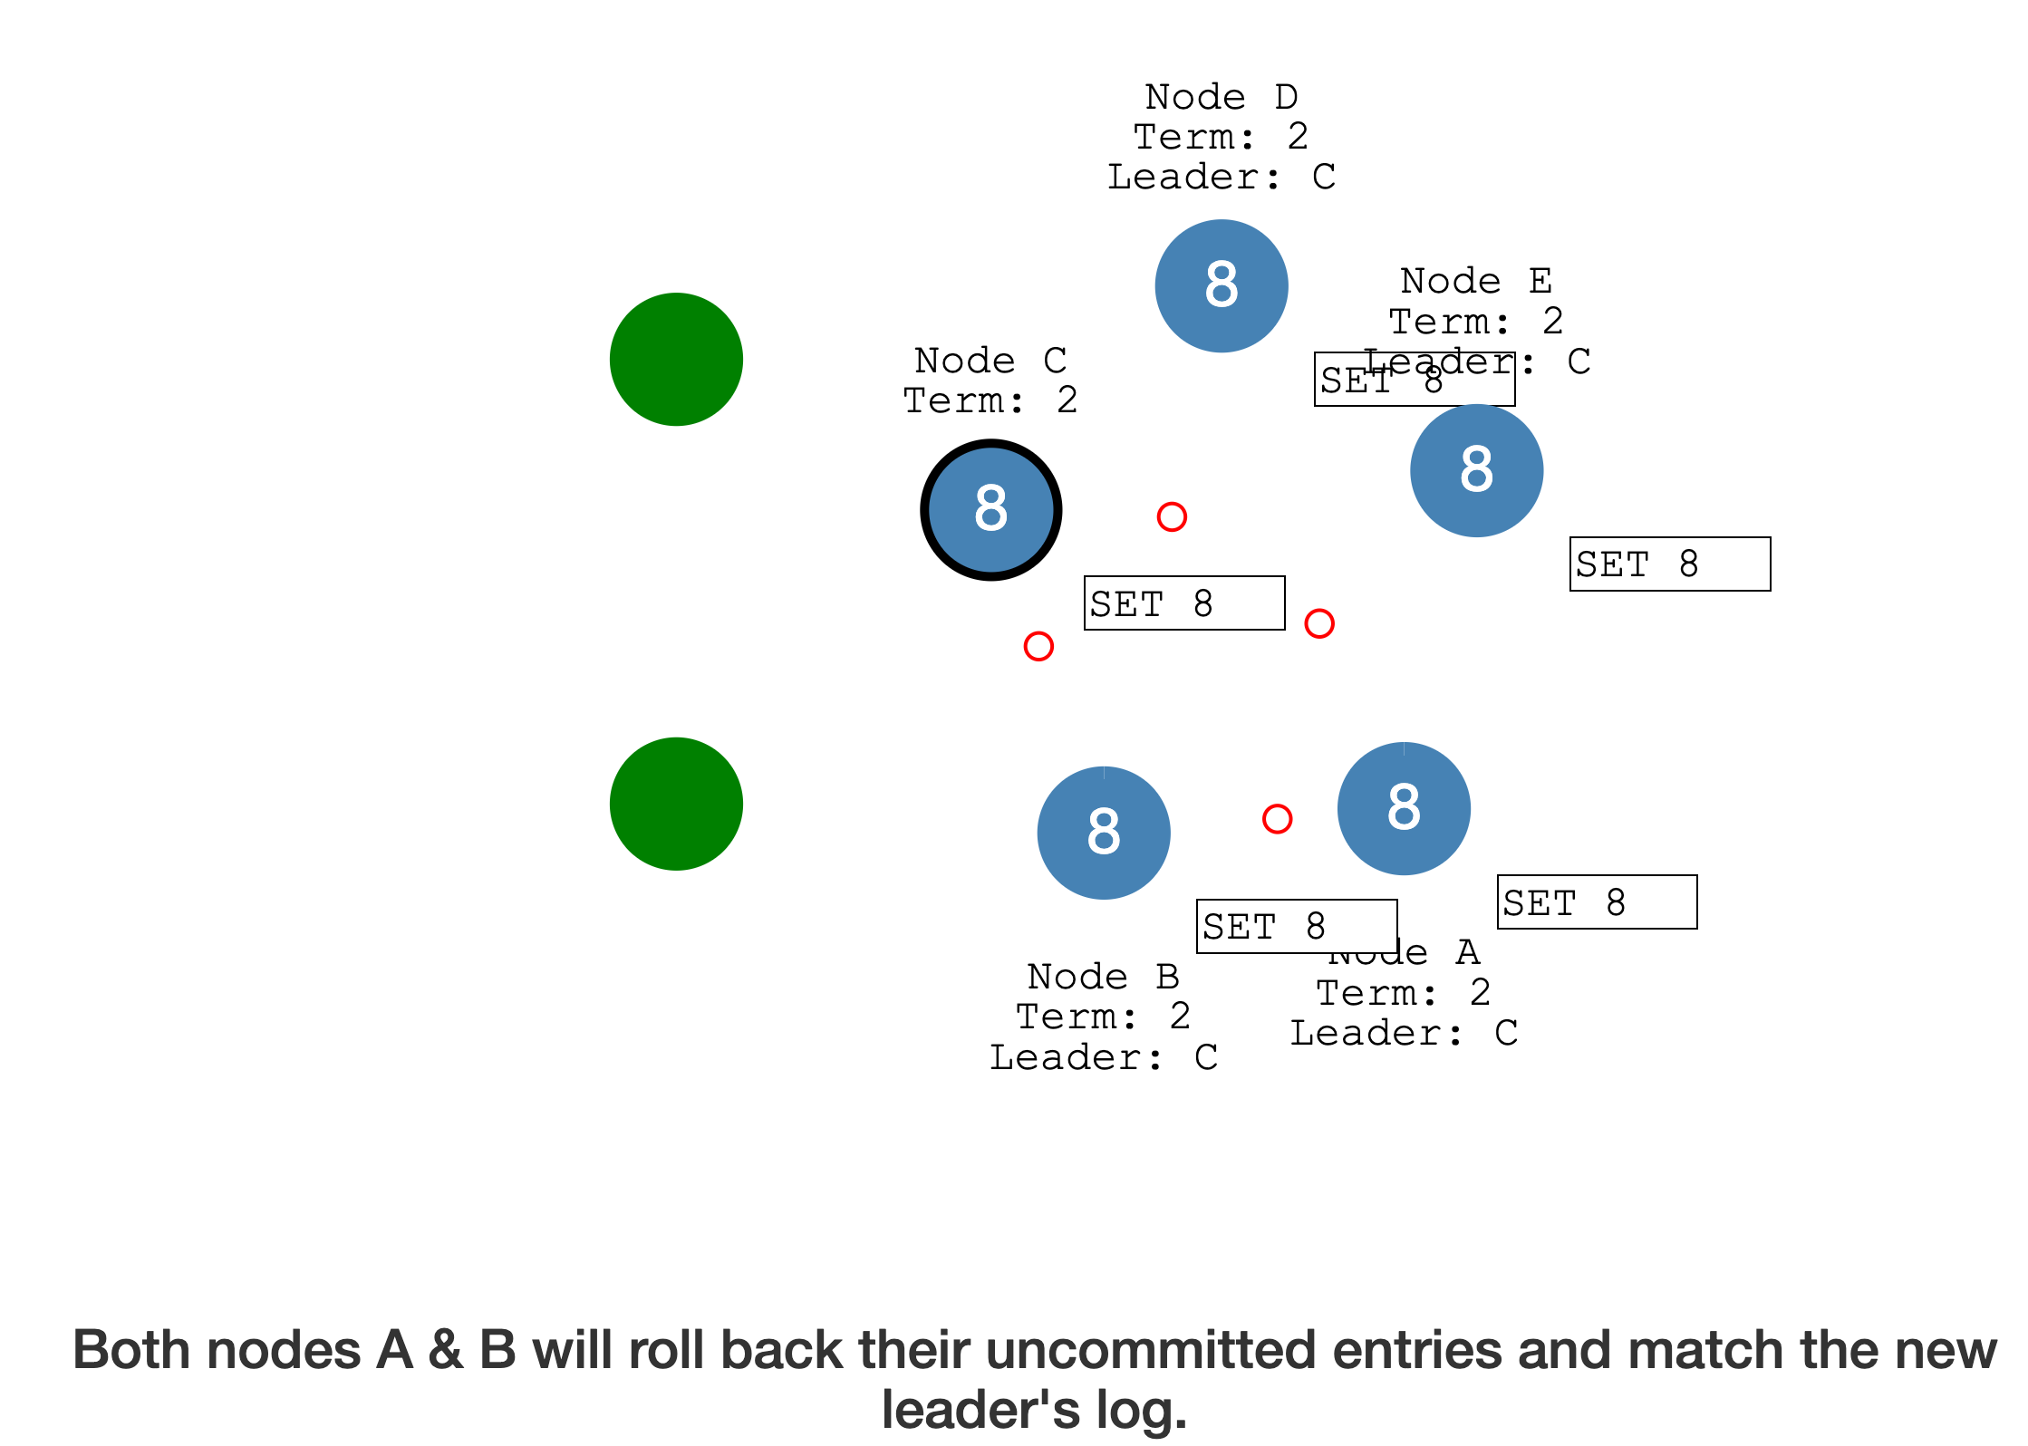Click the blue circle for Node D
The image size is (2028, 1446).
1222,285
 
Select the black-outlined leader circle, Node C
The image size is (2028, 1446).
990,509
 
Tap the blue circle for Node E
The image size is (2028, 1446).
1476,470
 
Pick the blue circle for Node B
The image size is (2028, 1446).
1104,833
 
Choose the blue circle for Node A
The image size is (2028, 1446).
1404,808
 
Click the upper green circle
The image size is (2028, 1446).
676,359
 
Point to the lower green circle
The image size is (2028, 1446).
676,804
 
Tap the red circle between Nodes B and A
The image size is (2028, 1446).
1277,819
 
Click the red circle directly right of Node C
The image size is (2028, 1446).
1172,516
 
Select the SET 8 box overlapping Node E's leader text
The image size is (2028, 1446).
1414,380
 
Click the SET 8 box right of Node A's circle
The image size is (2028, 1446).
1597,902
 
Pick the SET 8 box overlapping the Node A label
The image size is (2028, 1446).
1297,926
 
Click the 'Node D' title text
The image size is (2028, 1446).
1222,97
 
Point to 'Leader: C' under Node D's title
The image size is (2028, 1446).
1222,177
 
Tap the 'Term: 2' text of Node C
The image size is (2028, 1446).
990,400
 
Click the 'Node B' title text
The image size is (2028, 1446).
1104,977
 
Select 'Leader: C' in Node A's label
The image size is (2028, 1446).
1404,1033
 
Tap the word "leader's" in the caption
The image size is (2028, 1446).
980,1410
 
